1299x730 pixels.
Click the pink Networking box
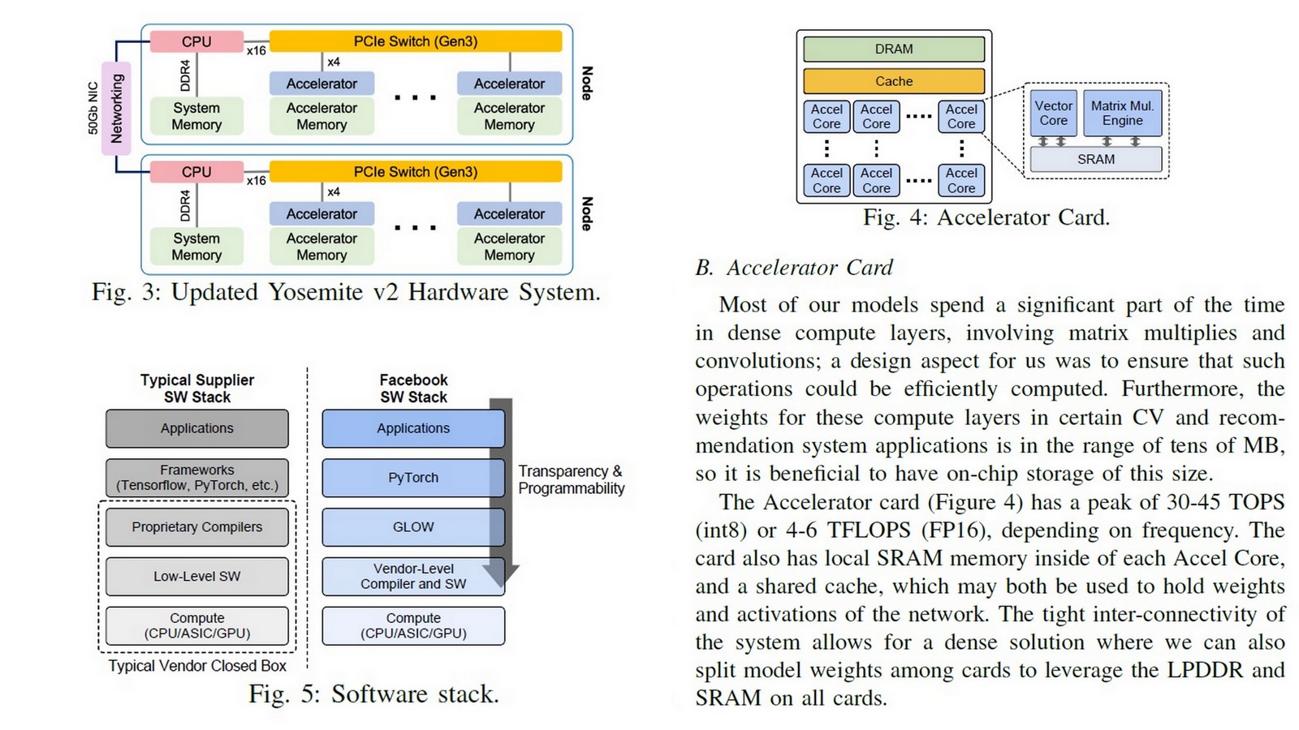(x=116, y=108)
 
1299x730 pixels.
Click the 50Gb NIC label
(x=93, y=108)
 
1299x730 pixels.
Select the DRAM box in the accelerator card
(x=893, y=49)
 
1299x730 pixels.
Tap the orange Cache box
(x=893, y=81)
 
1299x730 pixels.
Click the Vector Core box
(x=1054, y=113)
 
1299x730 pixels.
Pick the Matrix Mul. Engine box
(x=1122, y=113)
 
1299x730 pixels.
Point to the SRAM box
(x=1095, y=160)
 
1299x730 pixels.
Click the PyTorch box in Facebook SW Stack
(x=412, y=478)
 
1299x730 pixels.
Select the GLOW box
(x=412, y=527)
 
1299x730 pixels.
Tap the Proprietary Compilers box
(x=196, y=527)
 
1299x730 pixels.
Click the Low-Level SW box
(x=196, y=577)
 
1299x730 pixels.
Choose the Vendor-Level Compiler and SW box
(x=412, y=577)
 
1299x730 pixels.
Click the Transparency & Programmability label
(x=571, y=479)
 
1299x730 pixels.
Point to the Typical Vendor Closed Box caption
(x=197, y=666)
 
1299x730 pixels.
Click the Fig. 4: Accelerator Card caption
(x=986, y=217)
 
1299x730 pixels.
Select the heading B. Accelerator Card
(x=793, y=268)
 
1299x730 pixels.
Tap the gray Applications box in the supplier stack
(x=196, y=428)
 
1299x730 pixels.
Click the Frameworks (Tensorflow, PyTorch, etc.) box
(x=196, y=478)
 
